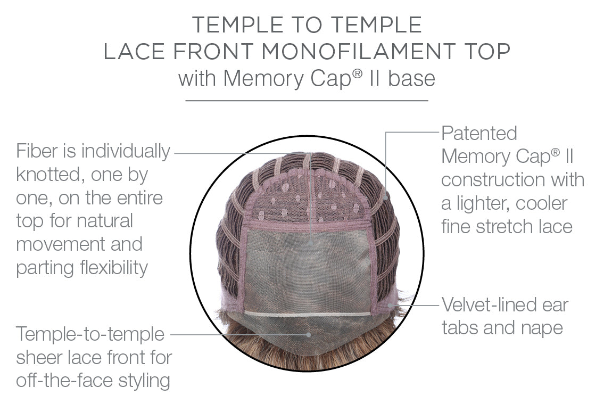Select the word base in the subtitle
point(411,78)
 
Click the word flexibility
point(114,268)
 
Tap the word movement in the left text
point(60,244)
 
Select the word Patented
point(479,134)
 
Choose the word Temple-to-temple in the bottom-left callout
point(90,334)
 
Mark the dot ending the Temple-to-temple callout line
point(309,335)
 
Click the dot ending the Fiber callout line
point(311,243)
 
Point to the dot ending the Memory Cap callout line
point(386,197)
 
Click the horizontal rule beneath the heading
point(307,101)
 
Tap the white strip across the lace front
point(308,314)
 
